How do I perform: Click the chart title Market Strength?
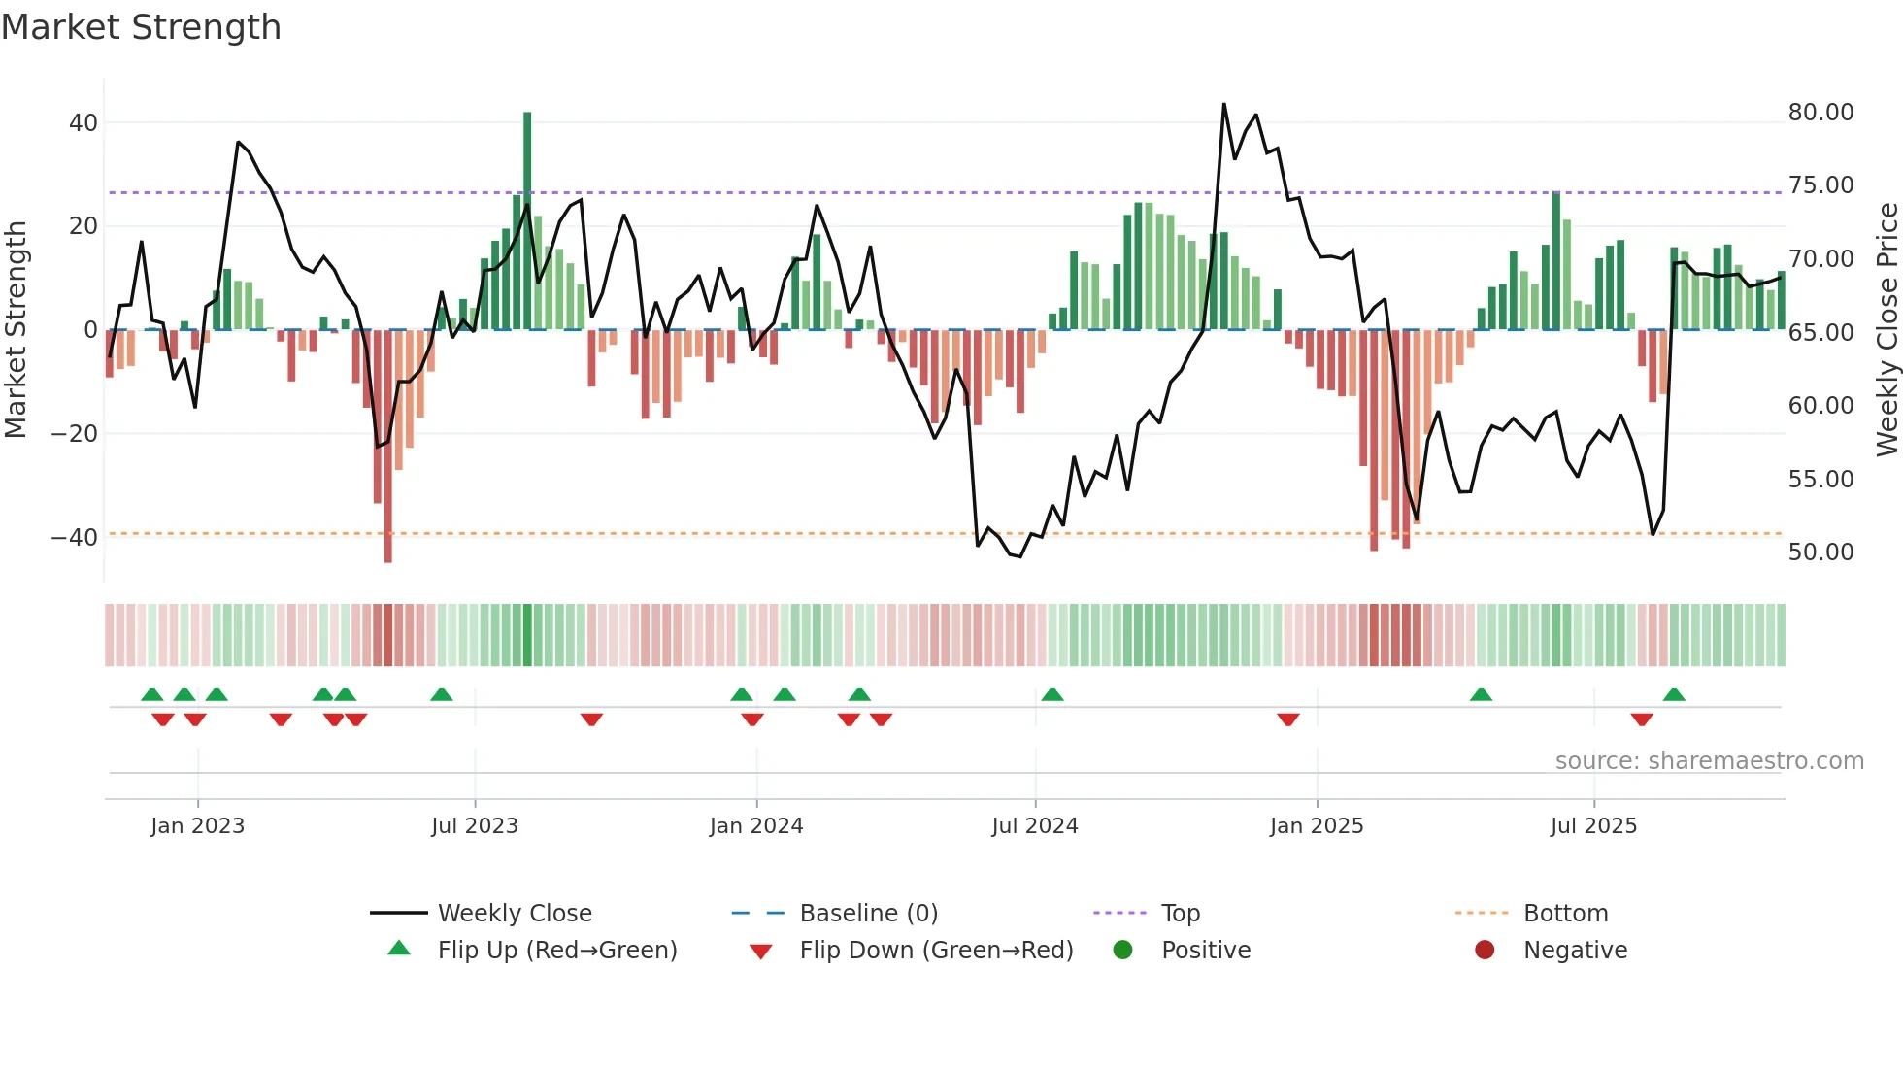(x=141, y=27)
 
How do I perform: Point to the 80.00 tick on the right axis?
(x=1820, y=113)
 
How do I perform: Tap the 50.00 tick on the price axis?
(x=1820, y=552)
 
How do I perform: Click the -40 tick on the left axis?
(x=75, y=538)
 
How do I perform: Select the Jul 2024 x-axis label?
(x=1034, y=826)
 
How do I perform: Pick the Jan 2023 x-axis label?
(x=197, y=826)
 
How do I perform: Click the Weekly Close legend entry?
(x=514, y=914)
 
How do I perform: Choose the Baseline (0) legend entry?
(x=868, y=914)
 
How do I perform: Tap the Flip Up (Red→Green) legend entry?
(x=556, y=951)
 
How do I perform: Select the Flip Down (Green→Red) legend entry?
(x=936, y=951)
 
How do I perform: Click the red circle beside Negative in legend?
(x=1485, y=951)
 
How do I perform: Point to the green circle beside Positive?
(x=1123, y=951)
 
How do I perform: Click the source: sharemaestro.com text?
(x=1709, y=761)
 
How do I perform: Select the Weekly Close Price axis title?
(x=1886, y=330)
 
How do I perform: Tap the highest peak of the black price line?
(x=1223, y=104)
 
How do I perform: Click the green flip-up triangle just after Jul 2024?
(x=1052, y=694)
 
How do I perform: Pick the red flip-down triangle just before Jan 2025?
(x=1288, y=719)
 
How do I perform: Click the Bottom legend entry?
(x=1565, y=914)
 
